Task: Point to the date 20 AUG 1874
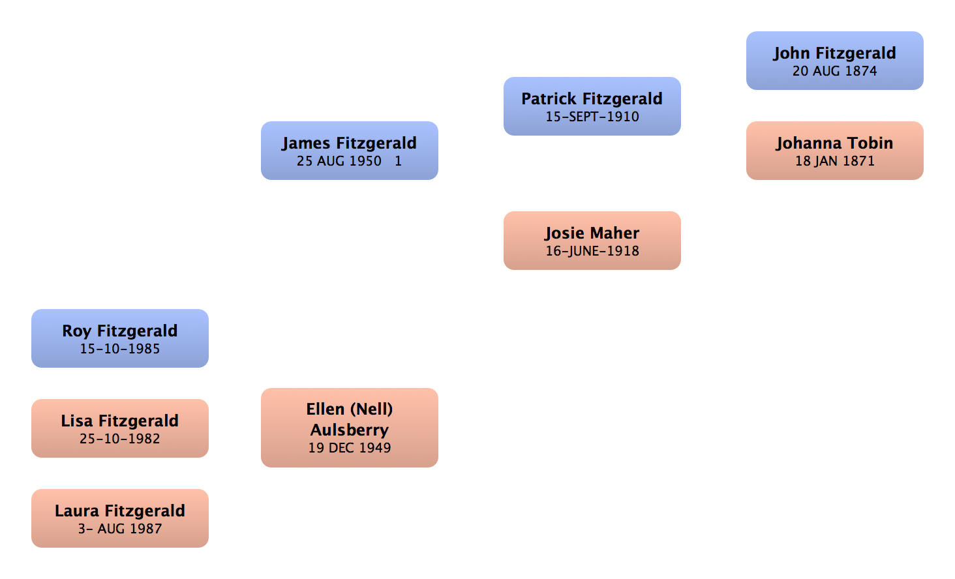tap(834, 71)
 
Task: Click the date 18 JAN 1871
tap(834, 161)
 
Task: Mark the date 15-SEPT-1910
tap(592, 117)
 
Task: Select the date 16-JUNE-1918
tap(592, 251)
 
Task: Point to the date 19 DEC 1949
tap(350, 448)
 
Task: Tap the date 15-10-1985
tap(120, 349)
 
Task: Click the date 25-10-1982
tap(120, 439)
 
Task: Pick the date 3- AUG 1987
tap(120, 529)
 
